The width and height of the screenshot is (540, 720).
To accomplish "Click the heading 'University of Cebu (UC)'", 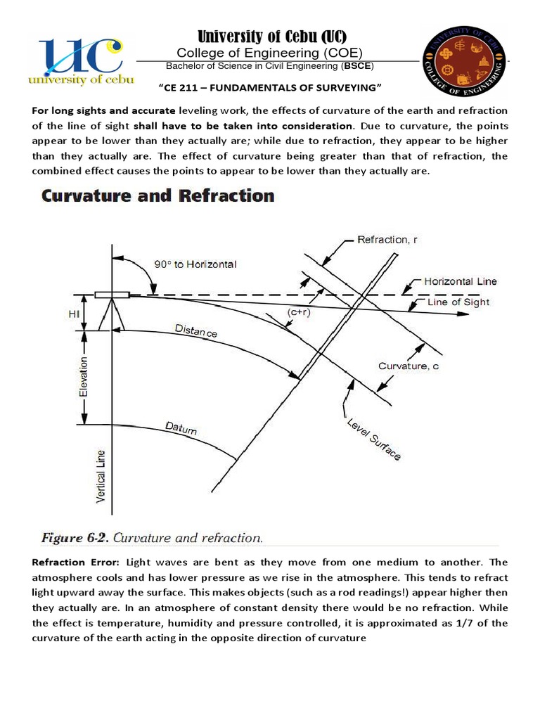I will pyautogui.click(x=270, y=37).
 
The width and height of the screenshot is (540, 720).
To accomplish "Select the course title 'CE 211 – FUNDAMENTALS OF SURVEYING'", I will pyautogui.click(x=270, y=86).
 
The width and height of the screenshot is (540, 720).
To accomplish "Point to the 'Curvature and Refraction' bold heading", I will pyautogui.click(x=157, y=195).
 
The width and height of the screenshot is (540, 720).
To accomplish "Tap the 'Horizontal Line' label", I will pyautogui.click(x=461, y=281).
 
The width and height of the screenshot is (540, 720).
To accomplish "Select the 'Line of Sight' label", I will pyautogui.click(x=458, y=302).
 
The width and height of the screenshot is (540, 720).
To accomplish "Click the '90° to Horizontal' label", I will pyautogui.click(x=195, y=264).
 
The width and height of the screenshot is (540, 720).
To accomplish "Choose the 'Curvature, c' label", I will pyautogui.click(x=408, y=366).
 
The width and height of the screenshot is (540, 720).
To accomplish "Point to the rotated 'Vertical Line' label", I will pyautogui.click(x=101, y=476).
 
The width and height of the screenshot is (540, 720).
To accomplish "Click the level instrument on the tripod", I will pyautogui.click(x=110, y=295).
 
